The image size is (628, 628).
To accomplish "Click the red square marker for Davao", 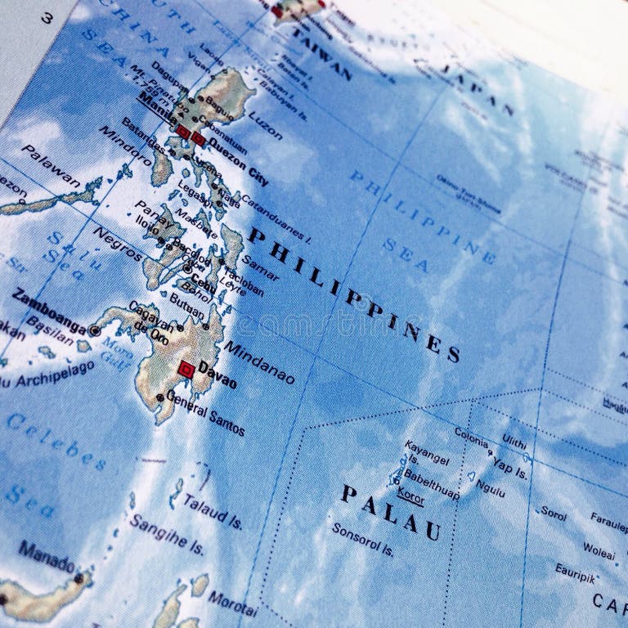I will (186, 369).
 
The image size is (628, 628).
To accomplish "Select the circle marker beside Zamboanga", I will (95, 331).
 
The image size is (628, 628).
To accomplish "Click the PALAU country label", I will (391, 512).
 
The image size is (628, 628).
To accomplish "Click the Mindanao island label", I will (259, 363).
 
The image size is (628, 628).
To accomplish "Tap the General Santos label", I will (205, 412).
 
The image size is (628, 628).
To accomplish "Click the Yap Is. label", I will (509, 469).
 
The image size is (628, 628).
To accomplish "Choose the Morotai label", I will (231, 603).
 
